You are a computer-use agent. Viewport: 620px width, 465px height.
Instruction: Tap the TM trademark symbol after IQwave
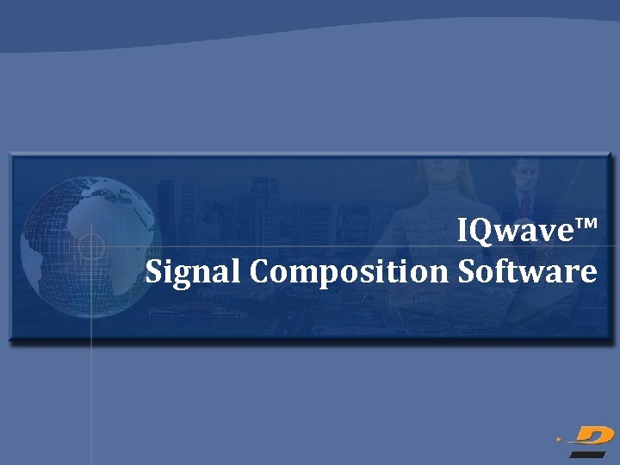point(585,226)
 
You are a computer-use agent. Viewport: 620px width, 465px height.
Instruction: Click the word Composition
point(350,272)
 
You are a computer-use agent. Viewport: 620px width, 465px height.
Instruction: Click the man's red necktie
point(525,207)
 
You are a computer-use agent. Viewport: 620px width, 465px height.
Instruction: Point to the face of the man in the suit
point(525,179)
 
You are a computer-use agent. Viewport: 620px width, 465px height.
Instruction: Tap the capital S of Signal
point(154,271)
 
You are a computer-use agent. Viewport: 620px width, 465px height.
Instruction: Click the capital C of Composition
point(262,271)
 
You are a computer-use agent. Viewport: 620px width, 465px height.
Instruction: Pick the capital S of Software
point(466,271)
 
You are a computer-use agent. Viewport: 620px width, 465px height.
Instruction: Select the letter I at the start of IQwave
point(462,230)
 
